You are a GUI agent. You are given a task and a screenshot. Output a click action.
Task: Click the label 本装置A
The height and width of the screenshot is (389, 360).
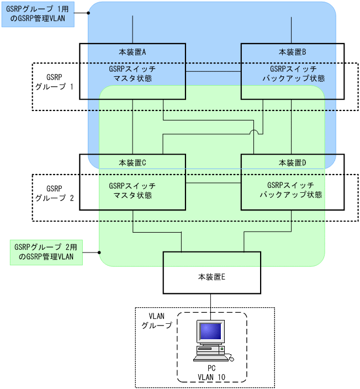132,52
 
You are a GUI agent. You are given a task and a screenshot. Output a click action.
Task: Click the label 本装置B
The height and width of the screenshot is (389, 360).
293,52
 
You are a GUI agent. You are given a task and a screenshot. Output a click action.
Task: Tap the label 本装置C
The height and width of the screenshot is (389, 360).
132,163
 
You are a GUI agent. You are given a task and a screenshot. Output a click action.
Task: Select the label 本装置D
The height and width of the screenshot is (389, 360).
293,163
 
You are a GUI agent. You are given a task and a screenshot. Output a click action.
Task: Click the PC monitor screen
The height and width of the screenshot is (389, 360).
211,332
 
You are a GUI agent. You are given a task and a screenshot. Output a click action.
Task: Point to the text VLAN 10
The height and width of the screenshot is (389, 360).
211,377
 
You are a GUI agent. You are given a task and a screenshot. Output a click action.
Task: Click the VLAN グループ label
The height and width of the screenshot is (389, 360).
156,321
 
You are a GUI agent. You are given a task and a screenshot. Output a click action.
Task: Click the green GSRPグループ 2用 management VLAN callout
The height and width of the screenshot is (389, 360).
46,252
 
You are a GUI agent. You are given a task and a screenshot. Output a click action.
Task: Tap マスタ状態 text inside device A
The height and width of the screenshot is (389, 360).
132,79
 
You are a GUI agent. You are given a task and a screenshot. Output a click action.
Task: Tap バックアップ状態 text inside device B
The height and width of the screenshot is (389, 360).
293,79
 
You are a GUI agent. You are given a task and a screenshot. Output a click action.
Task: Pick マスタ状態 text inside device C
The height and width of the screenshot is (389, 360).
132,196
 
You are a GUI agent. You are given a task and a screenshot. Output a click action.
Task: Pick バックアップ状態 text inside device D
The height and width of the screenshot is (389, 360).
291,196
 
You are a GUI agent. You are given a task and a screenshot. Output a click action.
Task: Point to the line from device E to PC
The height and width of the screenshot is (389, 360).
211,304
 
